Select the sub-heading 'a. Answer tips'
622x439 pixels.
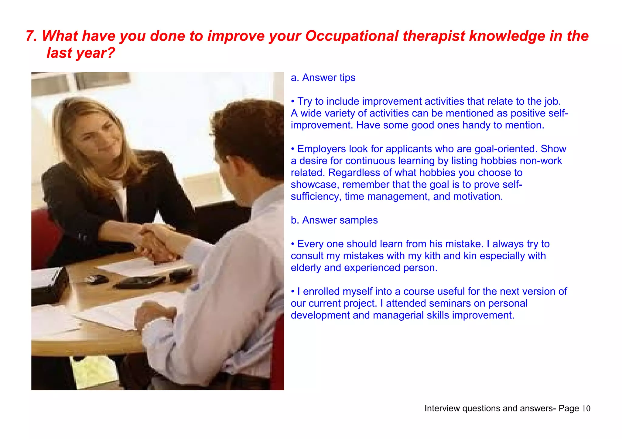(323, 78)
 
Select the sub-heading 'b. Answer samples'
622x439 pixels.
(334, 220)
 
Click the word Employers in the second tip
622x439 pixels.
(322, 149)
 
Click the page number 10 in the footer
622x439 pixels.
(586, 409)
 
